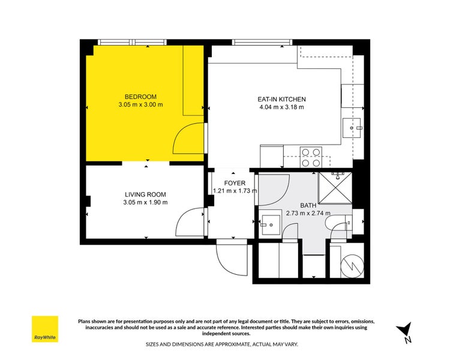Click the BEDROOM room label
pos(140,97)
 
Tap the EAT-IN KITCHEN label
pos(281,100)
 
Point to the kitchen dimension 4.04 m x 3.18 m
pos(281,108)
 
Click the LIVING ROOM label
pos(145,194)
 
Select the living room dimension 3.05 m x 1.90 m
pos(145,202)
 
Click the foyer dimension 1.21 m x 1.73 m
pos(235,191)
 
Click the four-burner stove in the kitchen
pos(310,157)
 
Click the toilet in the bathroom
pos(340,224)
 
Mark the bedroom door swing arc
pos(187,138)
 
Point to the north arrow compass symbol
pos(405,331)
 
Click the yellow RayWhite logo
pos(45,329)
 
